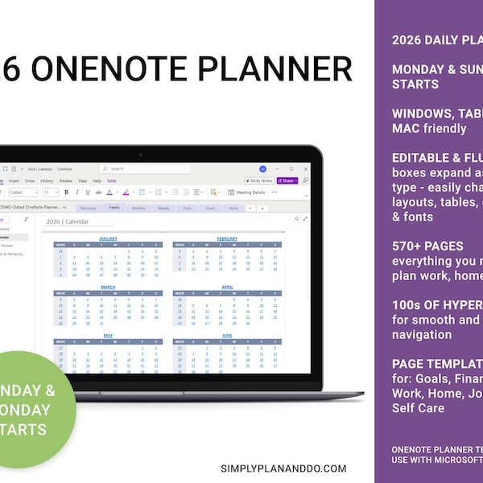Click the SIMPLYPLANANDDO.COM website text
pos(283,468)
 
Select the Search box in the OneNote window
pos(145,169)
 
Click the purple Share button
pos(287,180)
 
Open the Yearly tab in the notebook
pos(114,207)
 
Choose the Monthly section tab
pos(138,207)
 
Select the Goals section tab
pos(210,207)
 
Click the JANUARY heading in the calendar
pos(108,238)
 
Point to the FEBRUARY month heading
pos(227,238)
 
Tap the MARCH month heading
pos(108,287)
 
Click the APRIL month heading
pos(227,287)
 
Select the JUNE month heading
pos(227,335)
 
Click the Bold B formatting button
pos(66,192)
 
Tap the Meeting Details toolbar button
pos(247,192)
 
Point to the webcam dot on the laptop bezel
pos(140,154)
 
